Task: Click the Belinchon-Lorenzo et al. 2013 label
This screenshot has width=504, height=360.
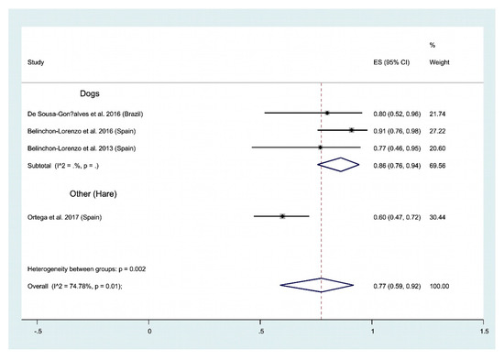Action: [87, 147]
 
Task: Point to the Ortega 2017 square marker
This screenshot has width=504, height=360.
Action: [282, 216]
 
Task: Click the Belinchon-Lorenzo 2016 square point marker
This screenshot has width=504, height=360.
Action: [352, 130]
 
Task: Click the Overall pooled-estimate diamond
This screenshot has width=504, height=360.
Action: [321, 286]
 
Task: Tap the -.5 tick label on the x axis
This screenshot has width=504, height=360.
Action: [38, 329]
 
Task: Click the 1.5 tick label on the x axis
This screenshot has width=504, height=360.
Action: [483, 329]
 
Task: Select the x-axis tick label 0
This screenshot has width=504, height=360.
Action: [150, 329]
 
